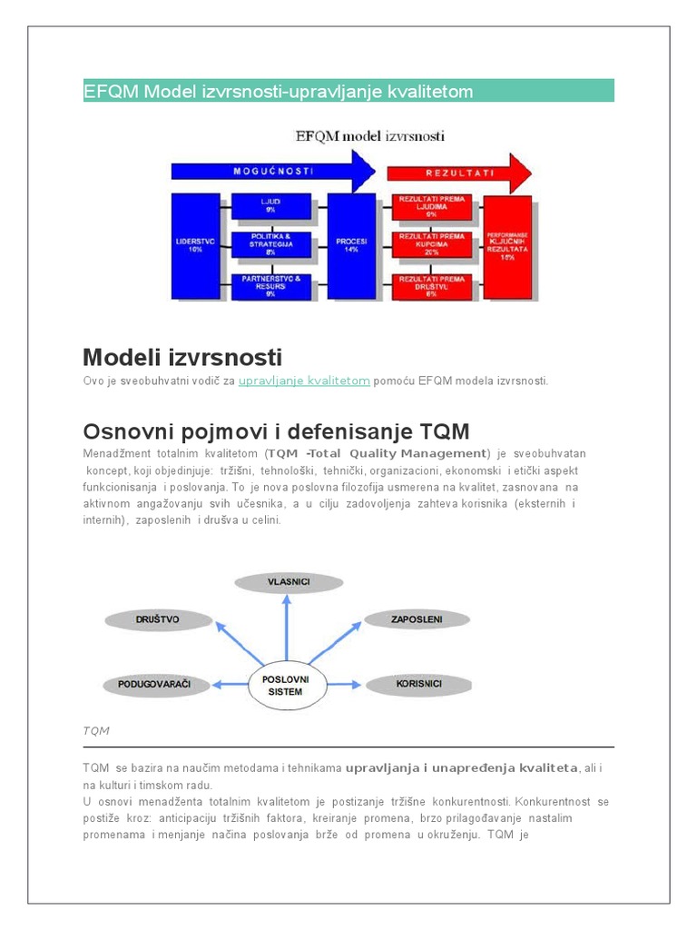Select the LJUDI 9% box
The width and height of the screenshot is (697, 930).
tap(270, 206)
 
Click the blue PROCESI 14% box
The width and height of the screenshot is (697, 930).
tap(351, 245)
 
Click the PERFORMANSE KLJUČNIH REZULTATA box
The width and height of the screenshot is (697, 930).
tap(506, 245)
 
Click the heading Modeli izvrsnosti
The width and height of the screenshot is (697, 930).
tap(182, 356)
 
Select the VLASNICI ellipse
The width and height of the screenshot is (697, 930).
tap(287, 581)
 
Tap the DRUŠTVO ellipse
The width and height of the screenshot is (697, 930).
tap(157, 619)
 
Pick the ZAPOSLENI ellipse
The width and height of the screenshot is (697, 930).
tap(417, 619)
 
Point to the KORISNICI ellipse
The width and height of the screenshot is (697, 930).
tap(418, 683)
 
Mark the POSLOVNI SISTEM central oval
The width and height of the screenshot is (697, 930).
tap(287, 685)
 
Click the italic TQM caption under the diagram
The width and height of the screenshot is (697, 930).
tap(95, 729)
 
